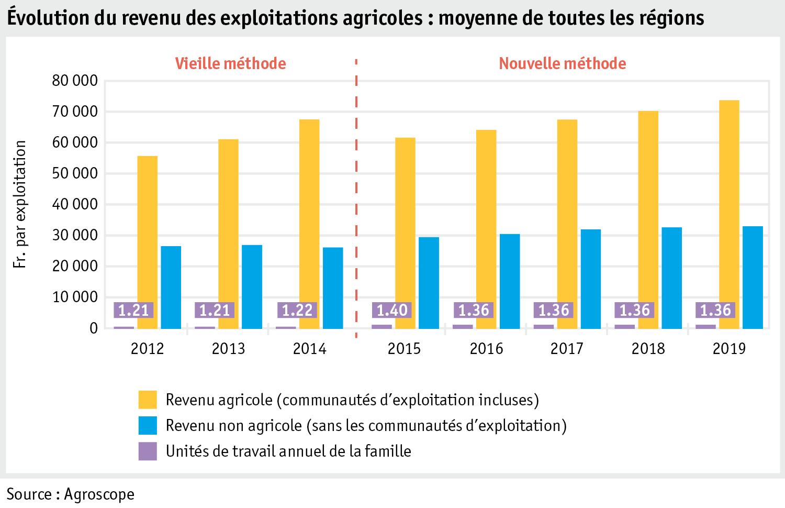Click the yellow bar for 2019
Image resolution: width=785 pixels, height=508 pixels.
coord(729,215)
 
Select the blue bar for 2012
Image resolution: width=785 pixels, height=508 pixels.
coord(171,288)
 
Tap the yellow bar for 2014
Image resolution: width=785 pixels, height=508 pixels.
coord(309,224)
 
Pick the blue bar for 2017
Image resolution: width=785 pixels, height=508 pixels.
coord(590,279)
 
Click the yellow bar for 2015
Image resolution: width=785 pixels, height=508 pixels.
coord(405,233)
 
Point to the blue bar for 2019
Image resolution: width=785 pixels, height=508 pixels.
coord(753,278)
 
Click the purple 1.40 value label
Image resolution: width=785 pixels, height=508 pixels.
coord(392,310)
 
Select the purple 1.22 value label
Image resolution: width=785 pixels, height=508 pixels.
coord(297,310)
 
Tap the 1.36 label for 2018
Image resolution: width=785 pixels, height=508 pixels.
coord(634,310)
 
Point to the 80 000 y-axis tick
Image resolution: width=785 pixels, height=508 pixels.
coord(75,81)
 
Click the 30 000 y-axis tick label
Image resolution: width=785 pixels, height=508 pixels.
coord(75,236)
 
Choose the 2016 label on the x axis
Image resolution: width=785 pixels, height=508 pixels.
coord(486,349)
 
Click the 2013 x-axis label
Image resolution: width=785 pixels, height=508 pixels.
coord(228,349)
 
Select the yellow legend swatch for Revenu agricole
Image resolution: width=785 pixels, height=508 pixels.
coord(148,400)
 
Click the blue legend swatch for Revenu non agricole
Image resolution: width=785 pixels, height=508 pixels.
coord(148,425)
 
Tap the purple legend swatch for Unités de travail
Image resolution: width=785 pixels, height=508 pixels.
coord(148,451)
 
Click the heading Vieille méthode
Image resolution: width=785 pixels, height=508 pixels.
coord(230,63)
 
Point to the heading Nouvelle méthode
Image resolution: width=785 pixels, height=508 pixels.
coord(562,63)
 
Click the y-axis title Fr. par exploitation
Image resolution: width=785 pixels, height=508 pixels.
coord(20,204)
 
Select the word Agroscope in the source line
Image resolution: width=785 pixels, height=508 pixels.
coord(99,494)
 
